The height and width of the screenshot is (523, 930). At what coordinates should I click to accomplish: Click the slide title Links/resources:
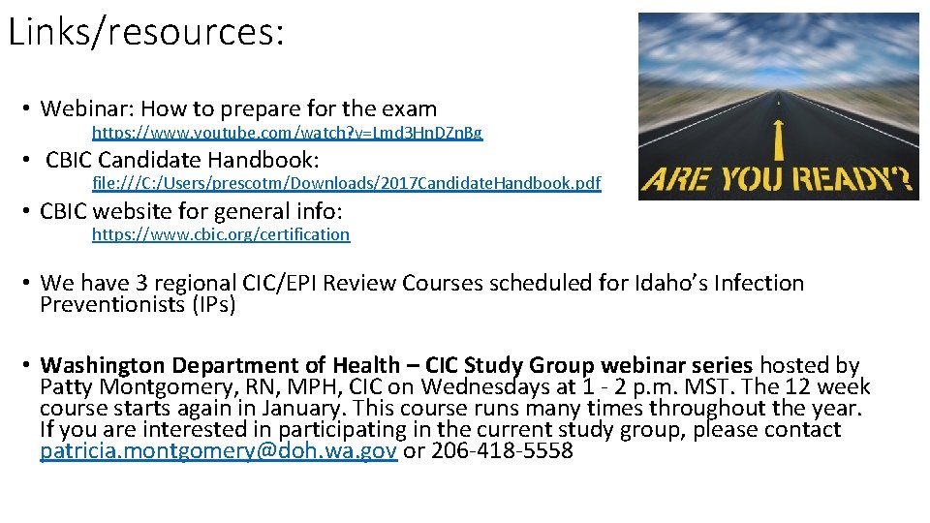coord(146,31)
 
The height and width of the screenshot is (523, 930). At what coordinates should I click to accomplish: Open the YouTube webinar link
coord(287,132)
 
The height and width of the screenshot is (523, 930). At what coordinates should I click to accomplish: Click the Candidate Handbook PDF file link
coord(346,183)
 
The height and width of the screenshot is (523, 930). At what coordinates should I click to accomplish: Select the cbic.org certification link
coord(221,234)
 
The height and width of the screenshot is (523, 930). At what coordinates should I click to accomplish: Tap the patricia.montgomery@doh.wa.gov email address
coord(219,451)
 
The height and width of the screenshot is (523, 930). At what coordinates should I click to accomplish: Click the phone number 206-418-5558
coord(502,451)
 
